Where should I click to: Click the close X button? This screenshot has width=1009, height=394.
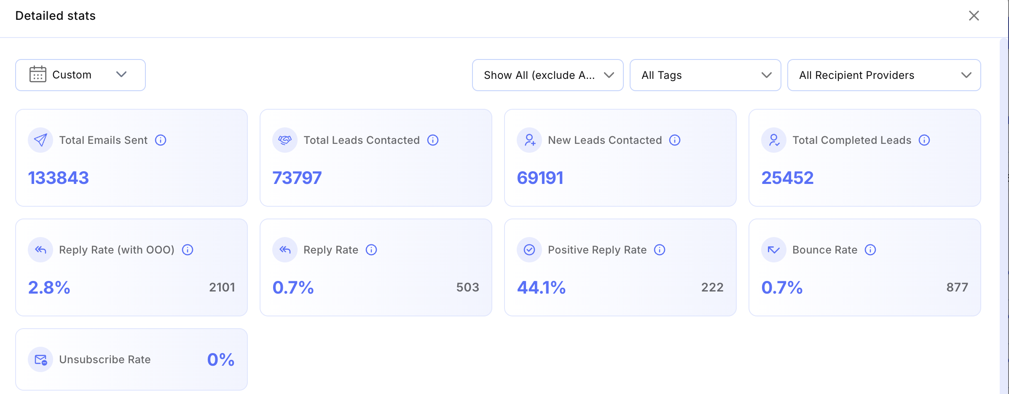point(974,16)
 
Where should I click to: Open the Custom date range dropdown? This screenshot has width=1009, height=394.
point(80,75)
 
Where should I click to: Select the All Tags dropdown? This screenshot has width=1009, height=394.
point(705,75)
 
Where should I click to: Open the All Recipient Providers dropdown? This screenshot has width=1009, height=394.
point(884,75)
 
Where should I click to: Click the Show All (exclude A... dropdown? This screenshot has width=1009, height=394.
point(547,75)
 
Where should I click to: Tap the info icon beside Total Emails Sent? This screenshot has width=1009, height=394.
point(161,140)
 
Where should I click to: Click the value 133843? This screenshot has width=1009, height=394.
point(59,178)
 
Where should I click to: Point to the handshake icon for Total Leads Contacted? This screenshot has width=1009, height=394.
point(285,140)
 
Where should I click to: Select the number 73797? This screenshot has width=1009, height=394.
point(297,178)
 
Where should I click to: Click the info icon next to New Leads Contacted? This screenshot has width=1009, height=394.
point(675,140)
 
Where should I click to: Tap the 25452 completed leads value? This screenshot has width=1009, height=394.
point(787,178)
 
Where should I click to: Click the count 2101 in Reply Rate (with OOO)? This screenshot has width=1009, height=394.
point(222,287)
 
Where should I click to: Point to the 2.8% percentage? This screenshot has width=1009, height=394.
point(49,288)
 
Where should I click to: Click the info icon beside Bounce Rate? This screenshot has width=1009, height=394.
point(870,250)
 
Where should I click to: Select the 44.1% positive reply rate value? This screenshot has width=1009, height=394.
point(541,288)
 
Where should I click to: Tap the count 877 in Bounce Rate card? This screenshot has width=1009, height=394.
point(957,287)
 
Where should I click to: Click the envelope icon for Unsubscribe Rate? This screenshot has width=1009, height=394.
point(40,359)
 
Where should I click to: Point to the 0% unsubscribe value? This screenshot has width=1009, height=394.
point(220,359)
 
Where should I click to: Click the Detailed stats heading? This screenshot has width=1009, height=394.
point(56,16)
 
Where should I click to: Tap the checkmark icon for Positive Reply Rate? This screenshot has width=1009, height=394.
point(529,250)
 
